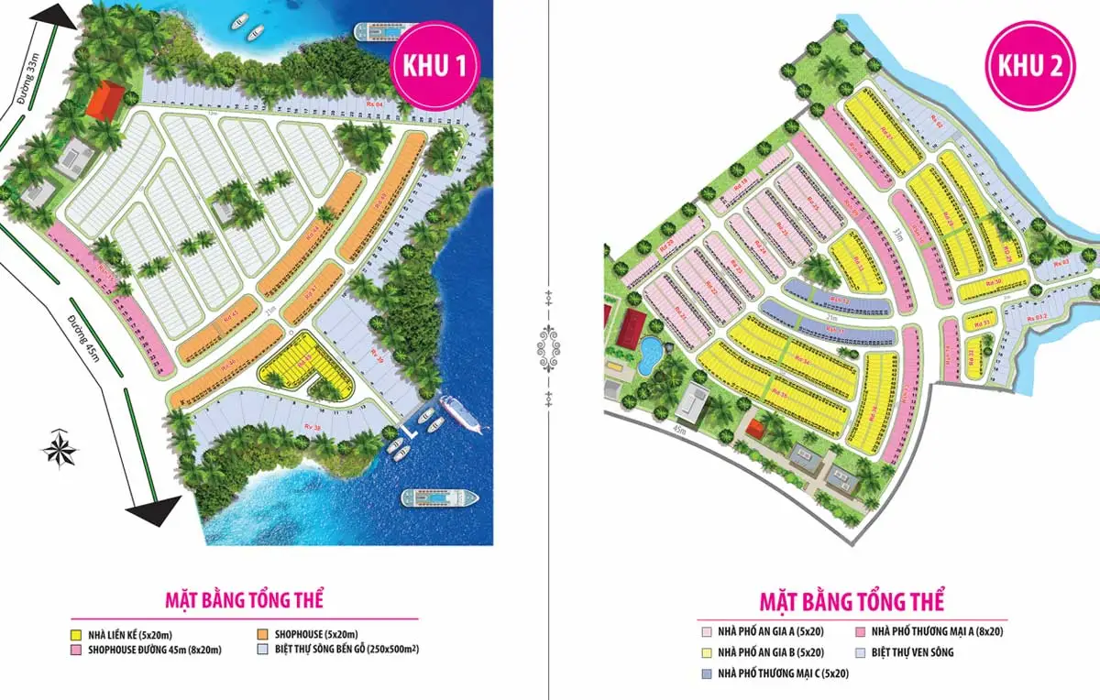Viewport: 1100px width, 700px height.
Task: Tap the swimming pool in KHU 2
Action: coord(649,353)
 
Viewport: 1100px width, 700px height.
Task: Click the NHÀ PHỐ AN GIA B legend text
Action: coord(770,652)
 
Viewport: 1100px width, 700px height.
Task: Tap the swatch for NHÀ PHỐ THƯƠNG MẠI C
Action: coord(706,673)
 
